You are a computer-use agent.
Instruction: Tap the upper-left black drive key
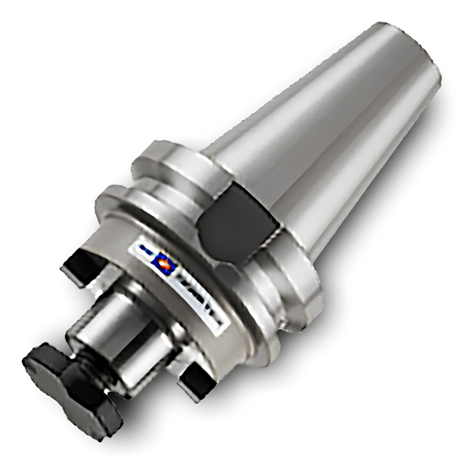pyautogui.click(x=84, y=267)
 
